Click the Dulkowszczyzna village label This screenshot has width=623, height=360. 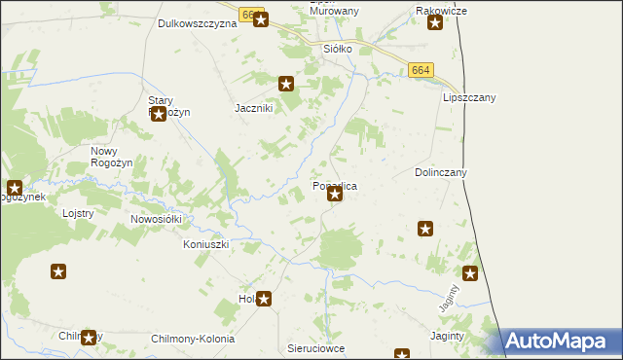(x=197, y=23)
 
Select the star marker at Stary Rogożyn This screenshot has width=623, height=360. (x=157, y=115)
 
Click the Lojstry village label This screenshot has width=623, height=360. (x=77, y=213)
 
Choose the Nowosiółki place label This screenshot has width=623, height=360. (x=156, y=220)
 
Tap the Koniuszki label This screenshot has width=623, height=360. (x=205, y=244)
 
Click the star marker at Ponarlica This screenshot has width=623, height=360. (x=335, y=195)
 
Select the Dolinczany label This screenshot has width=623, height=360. (x=441, y=172)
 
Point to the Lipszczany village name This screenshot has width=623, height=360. (x=469, y=98)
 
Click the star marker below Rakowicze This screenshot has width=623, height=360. (x=434, y=23)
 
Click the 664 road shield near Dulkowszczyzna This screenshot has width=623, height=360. (x=251, y=16)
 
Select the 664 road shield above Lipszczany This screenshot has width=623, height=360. (x=421, y=70)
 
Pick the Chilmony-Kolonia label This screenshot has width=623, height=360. (x=193, y=339)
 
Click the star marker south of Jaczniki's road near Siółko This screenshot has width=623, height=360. (x=286, y=84)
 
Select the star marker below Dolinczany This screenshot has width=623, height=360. (x=425, y=229)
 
